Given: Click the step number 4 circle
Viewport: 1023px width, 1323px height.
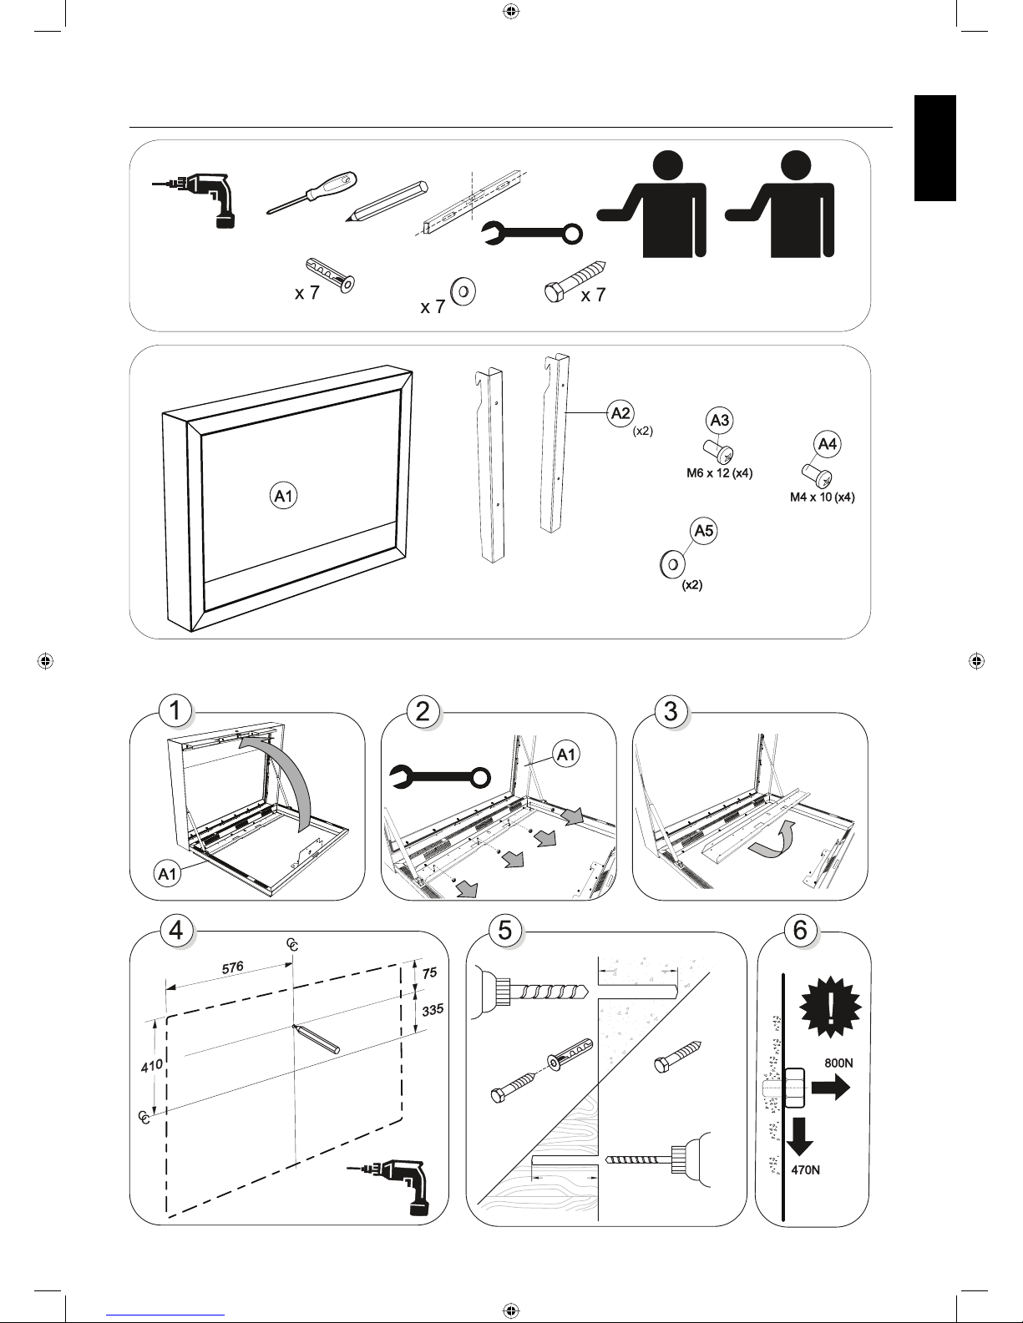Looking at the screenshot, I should pos(176,931).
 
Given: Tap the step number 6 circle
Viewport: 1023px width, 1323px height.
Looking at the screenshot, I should pos(800,931).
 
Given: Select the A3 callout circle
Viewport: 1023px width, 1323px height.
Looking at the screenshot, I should pos(719,421).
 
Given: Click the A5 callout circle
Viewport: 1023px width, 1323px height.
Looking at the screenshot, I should pos(705,531).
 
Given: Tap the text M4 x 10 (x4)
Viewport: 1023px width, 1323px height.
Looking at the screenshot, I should pos(823,498).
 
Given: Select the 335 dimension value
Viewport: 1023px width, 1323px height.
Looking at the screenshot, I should pos(431,1009).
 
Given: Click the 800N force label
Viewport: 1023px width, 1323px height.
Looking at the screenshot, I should pos(838,1063).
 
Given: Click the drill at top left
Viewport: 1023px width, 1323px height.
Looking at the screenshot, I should pos(200,199).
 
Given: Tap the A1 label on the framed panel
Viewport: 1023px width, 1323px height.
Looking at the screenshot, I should pos(285,497).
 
